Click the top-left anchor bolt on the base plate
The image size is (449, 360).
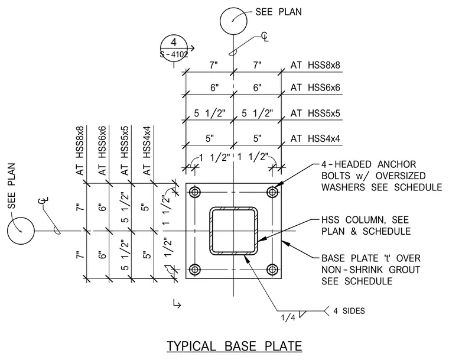point(195,192)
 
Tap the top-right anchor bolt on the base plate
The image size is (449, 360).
point(272,192)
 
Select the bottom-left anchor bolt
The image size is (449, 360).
point(195,270)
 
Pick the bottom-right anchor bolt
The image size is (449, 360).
point(272,270)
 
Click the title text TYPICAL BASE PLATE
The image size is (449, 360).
point(234,346)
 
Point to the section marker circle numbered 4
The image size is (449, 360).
point(174,48)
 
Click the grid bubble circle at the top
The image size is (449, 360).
point(234,21)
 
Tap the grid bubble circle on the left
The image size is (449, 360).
point(21,231)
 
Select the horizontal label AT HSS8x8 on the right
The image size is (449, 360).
point(315,66)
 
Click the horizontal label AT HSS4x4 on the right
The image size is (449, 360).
point(315,139)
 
